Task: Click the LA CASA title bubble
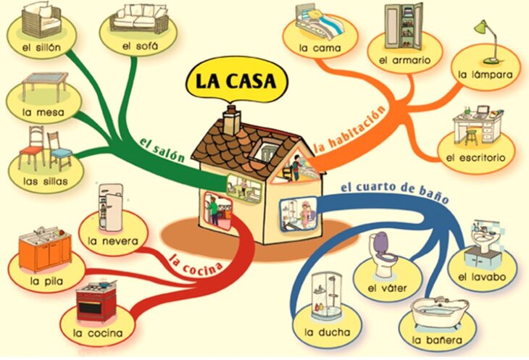click(232, 80)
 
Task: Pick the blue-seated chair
click(60, 152)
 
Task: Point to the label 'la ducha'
click(328, 333)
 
